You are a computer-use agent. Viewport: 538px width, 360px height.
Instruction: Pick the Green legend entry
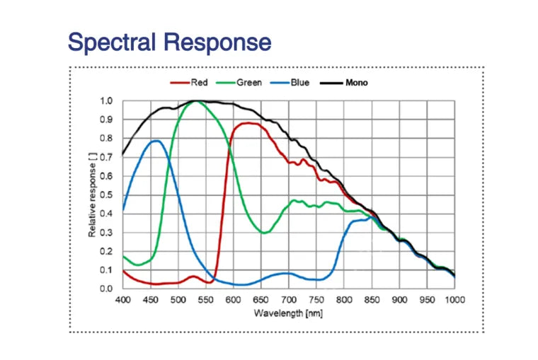tap(248, 83)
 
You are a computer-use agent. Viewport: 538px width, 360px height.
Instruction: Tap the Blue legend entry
tap(299, 83)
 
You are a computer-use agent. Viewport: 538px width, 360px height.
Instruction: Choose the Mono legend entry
tap(356, 83)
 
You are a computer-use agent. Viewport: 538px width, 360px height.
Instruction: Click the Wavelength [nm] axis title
tap(289, 313)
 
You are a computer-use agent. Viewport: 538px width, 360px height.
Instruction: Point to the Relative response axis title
tap(93, 195)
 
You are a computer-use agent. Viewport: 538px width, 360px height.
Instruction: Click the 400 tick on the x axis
tap(122, 299)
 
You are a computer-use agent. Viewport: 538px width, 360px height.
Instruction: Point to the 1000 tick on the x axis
tap(454, 299)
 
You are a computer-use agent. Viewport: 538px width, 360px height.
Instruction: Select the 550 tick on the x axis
tap(205, 299)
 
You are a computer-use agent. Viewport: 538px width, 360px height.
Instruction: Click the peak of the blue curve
tap(155, 141)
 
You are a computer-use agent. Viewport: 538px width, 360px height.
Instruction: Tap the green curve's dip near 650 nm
tap(264, 232)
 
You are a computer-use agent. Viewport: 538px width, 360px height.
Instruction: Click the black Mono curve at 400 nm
tap(123, 153)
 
